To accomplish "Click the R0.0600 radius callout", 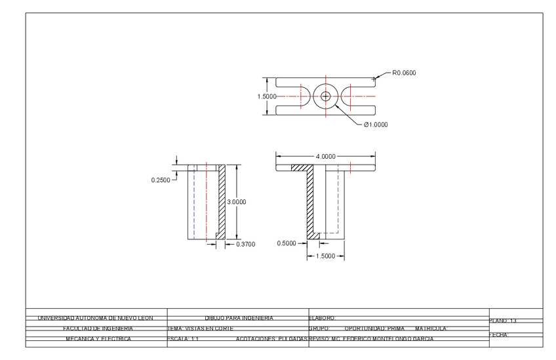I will pos(403,73).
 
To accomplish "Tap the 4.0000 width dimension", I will pos(325,156).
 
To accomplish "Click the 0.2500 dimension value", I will pos(161,180).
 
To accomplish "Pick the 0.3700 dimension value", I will pos(245,244).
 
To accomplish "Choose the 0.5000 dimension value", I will pos(287,243).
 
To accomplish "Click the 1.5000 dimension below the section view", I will pos(325,256).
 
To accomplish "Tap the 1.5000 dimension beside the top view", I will pos(267,96).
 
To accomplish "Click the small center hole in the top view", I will pos(325,96).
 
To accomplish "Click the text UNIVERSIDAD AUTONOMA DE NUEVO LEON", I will pos(96,318).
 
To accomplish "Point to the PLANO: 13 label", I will pos(504,321).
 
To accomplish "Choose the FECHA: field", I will pos(499,335).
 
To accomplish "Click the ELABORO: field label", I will pos(322,318).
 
